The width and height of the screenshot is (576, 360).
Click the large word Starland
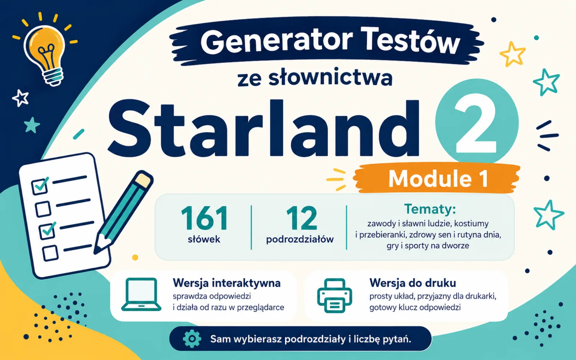tap(264, 128)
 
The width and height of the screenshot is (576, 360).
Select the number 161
tap(204, 218)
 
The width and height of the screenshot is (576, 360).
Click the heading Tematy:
tap(430, 209)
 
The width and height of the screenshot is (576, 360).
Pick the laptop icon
tap(141, 294)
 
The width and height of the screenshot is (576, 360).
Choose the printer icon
tap(334, 296)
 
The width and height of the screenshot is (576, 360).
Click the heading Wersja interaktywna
tap(226, 283)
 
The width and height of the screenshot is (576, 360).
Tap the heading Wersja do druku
tap(413, 283)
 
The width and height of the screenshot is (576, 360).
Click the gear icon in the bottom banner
tap(192, 339)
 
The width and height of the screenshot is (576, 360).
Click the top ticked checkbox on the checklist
tap(40, 186)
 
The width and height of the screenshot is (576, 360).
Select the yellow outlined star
tap(512, 54)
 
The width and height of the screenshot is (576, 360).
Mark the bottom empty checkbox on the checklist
tap(50, 253)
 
